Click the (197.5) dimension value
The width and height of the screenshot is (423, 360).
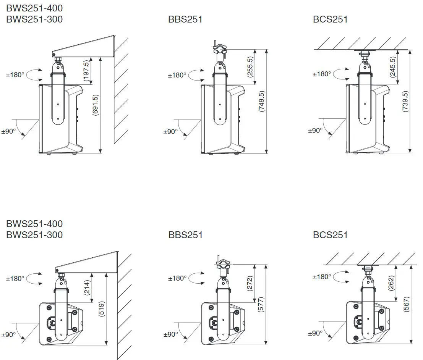tap(86, 71)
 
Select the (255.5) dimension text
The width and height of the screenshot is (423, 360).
tap(250, 67)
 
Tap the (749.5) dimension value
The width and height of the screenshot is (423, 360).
tap(261, 101)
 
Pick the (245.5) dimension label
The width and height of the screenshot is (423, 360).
tap(393, 67)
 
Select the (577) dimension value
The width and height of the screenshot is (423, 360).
tap(261, 304)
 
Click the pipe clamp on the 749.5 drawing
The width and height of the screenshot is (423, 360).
tap(219, 49)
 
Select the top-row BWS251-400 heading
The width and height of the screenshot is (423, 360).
tap(34, 8)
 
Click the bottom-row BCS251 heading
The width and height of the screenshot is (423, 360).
tap(330, 235)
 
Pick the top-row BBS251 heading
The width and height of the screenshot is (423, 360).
tap(185, 19)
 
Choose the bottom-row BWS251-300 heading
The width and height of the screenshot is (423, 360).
tap(34, 235)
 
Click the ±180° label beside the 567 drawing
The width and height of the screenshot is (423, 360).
tap(321, 276)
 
